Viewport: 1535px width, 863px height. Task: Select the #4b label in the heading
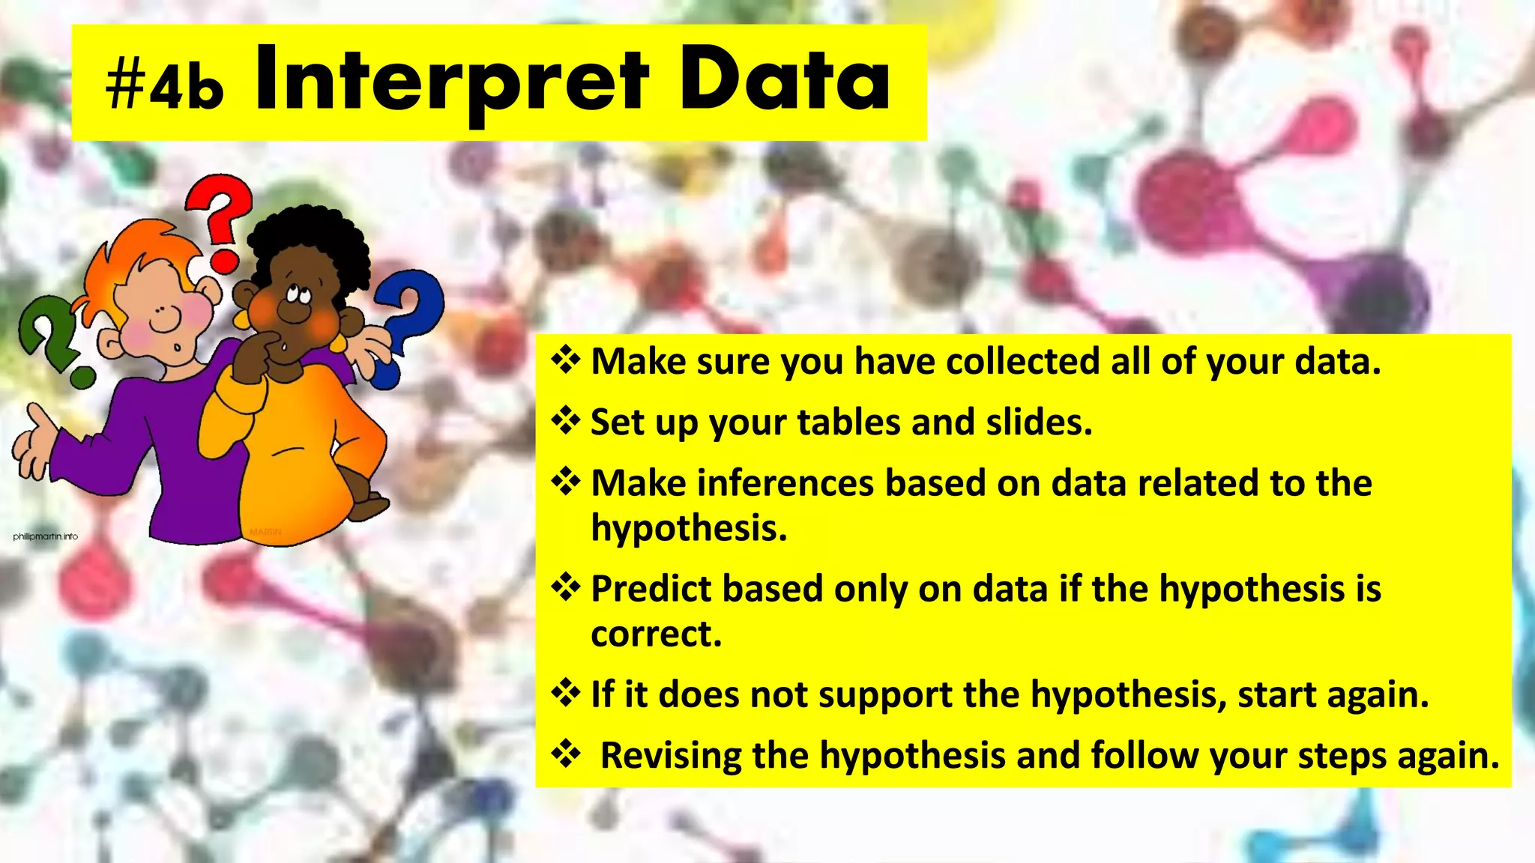tap(165, 86)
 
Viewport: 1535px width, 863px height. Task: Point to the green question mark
tap(52, 337)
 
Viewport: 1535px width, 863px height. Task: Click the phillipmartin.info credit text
tap(45, 536)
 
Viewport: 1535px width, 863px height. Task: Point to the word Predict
tap(650, 589)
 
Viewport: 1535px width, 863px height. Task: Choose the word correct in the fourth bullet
tap(655, 634)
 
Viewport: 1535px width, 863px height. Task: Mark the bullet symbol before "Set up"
tap(566, 421)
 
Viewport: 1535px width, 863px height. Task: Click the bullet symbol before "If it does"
tap(566, 693)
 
